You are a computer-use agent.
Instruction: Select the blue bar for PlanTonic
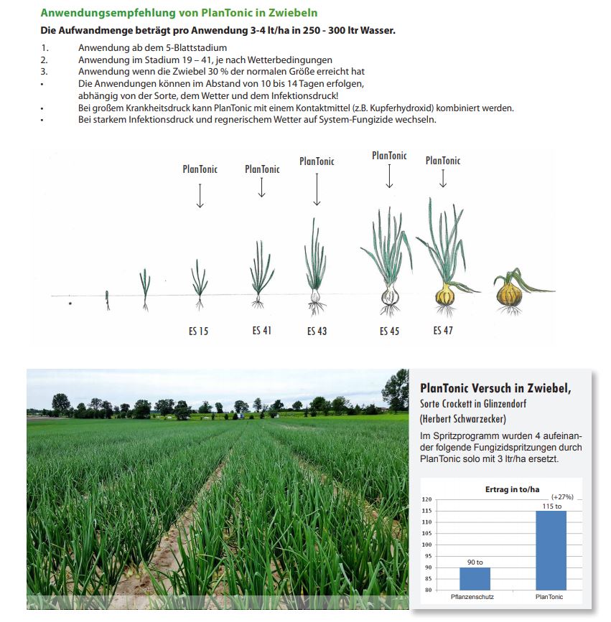click(x=551, y=550)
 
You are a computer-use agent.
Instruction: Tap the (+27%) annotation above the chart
click(x=561, y=496)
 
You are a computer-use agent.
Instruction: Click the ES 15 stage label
click(x=199, y=331)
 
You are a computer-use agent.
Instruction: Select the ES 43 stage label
click(x=317, y=331)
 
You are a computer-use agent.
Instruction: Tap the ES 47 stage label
click(x=443, y=331)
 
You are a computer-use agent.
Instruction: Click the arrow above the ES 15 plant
click(x=200, y=195)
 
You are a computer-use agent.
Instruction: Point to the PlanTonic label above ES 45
click(x=389, y=156)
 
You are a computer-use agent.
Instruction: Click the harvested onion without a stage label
click(x=511, y=293)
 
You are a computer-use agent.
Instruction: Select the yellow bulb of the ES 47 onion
click(x=446, y=294)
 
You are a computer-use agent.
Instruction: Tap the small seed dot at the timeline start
click(x=70, y=304)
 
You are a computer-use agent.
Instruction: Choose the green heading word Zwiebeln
click(x=291, y=13)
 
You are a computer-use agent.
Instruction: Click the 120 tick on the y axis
click(x=426, y=499)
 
